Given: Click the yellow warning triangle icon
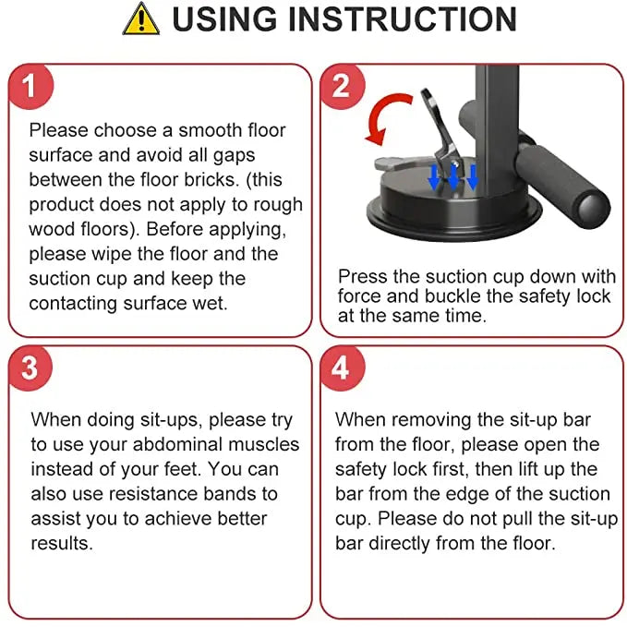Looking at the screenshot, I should [139, 20].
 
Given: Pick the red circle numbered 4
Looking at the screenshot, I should [341, 368].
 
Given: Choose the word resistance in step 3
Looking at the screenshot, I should [139, 493].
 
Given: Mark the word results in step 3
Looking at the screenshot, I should [62, 543].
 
